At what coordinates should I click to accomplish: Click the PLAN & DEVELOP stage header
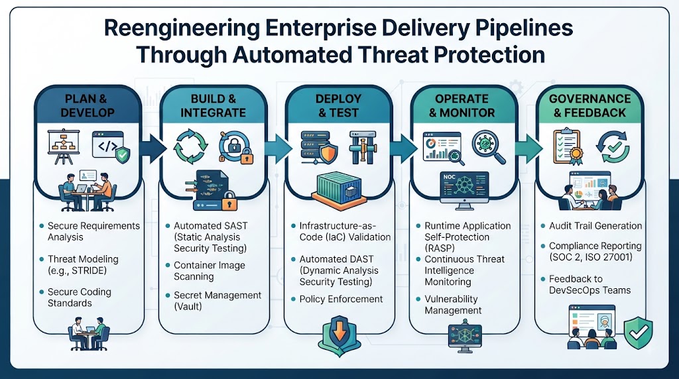(x=88, y=105)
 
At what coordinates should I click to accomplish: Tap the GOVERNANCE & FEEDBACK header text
(x=589, y=105)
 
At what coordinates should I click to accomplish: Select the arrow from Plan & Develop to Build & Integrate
(x=153, y=148)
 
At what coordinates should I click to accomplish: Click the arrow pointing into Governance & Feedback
(x=529, y=148)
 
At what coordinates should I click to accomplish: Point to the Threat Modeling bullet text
(x=83, y=265)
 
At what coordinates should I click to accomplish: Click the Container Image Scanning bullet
(x=209, y=271)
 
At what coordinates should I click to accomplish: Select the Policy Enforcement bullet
(x=341, y=299)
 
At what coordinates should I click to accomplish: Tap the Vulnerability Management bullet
(x=453, y=305)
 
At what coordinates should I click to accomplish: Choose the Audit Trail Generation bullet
(x=595, y=226)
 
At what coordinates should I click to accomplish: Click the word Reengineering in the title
(x=182, y=28)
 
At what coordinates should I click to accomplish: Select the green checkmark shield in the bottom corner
(x=638, y=333)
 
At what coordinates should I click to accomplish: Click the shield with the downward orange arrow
(x=339, y=335)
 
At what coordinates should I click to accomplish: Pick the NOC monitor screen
(x=464, y=188)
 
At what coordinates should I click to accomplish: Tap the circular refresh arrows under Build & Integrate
(x=190, y=146)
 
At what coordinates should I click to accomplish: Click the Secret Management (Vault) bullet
(x=217, y=301)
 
